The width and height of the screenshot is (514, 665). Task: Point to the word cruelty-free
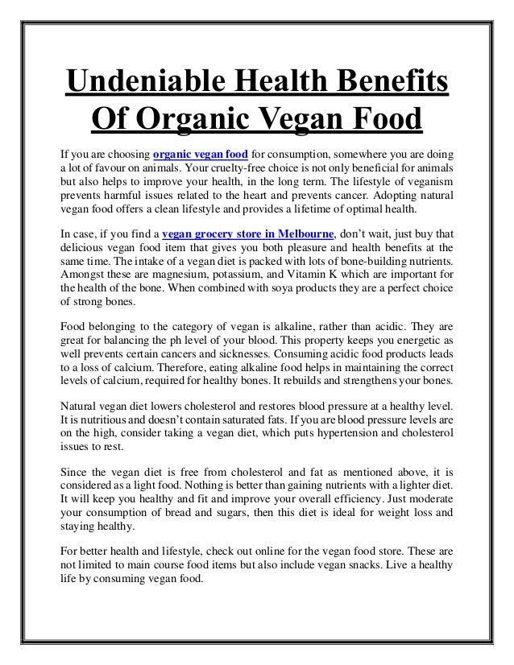click(260, 169)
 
